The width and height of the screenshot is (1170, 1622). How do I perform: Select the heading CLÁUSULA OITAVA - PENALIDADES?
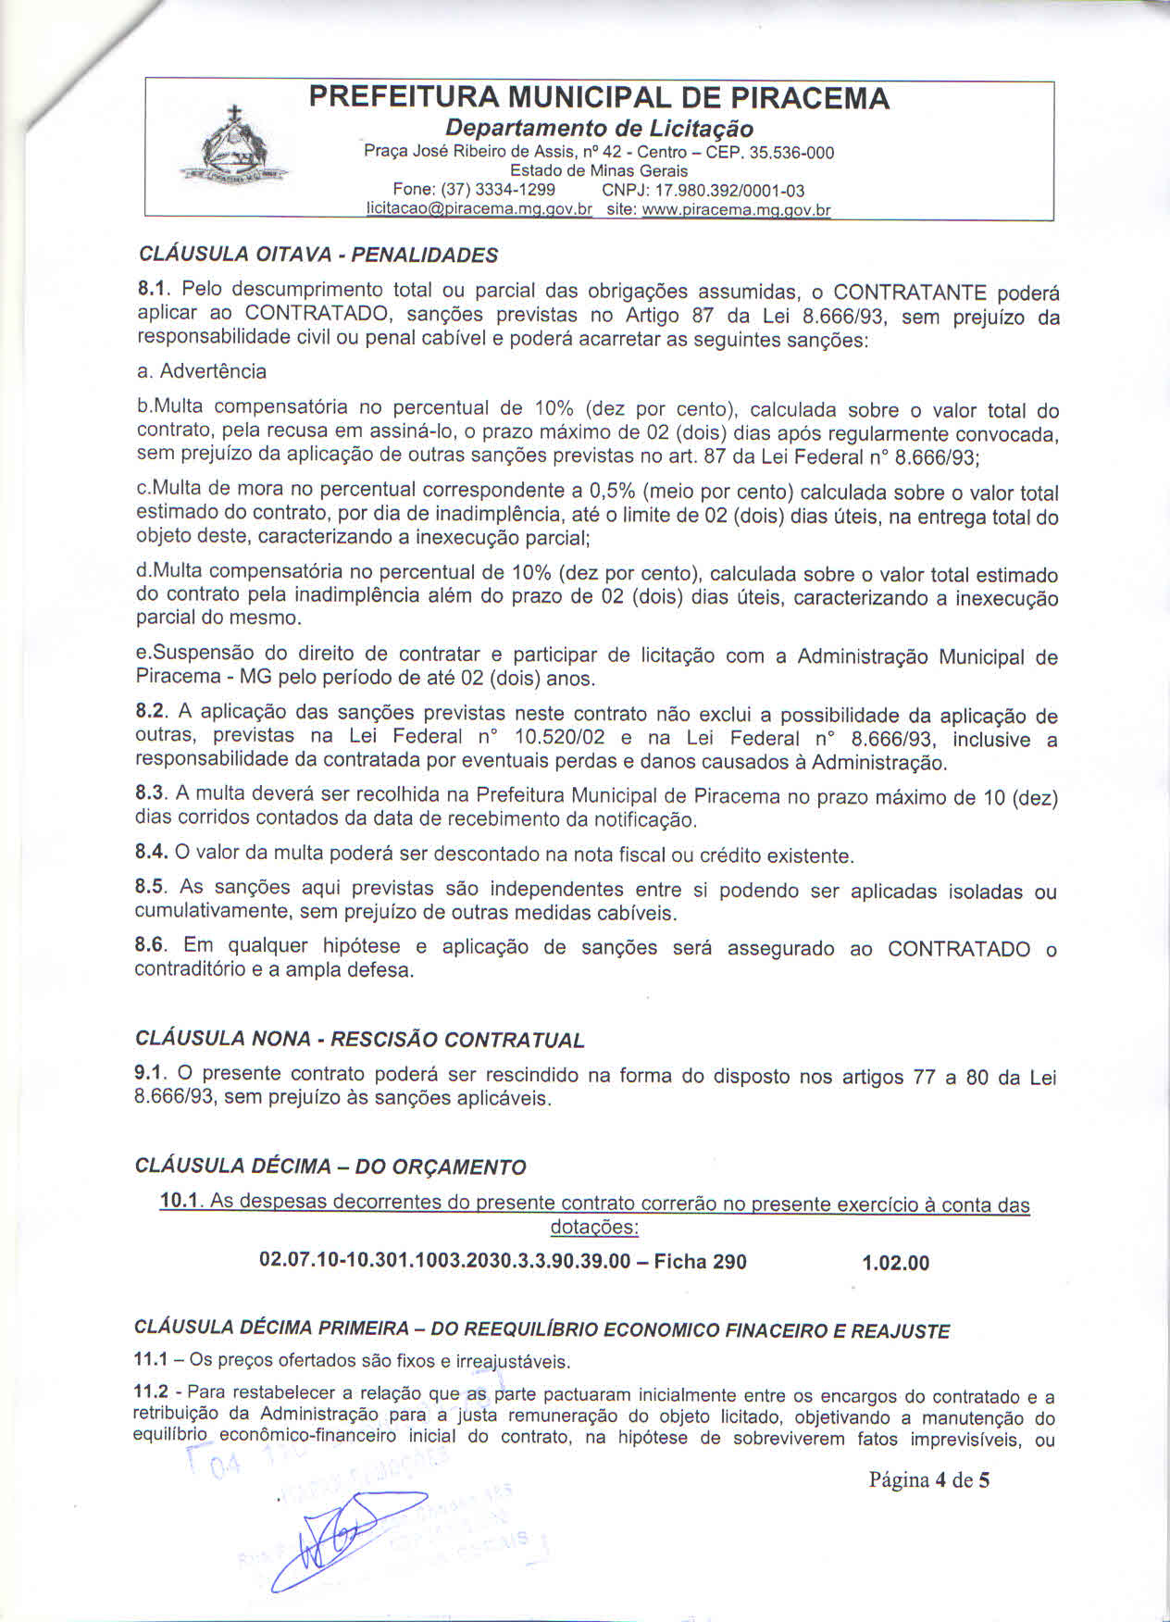[x=317, y=255]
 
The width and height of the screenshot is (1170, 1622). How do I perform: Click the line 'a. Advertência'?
[x=202, y=371]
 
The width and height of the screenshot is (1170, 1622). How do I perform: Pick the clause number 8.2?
[x=149, y=712]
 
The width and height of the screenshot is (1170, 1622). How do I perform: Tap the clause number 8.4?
[x=149, y=853]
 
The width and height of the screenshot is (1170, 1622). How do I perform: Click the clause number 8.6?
[x=149, y=945]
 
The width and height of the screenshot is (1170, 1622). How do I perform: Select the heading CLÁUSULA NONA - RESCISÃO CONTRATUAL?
[x=360, y=1039]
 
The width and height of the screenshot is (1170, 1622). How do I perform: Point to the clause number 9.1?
[x=149, y=1073]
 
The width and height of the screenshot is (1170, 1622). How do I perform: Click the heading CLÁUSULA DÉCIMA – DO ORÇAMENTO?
[x=330, y=1166]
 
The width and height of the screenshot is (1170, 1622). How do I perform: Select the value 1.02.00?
[x=895, y=1263]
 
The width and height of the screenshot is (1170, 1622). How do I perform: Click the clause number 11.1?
[x=151, y=1360]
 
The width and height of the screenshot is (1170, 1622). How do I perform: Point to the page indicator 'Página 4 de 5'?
[x=928, y=1479]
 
